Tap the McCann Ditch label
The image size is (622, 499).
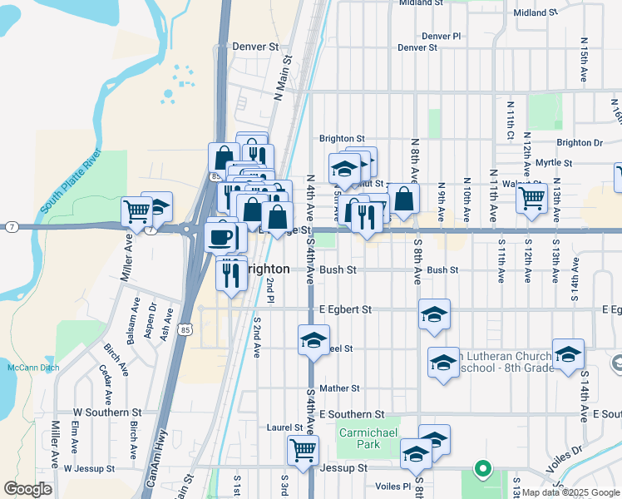(x=27, y=367)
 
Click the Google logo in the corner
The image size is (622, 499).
(x=27, y=488)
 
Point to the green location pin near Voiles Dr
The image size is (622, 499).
(x=481, y=470)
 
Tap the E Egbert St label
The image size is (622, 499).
(x=345, y=309)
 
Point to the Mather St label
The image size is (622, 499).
(x=338, y=388)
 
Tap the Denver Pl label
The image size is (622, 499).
(x=441, y=37)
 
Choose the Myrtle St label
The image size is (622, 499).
(x=554, y=163)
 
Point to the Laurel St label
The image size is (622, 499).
(x=284, y=427)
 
